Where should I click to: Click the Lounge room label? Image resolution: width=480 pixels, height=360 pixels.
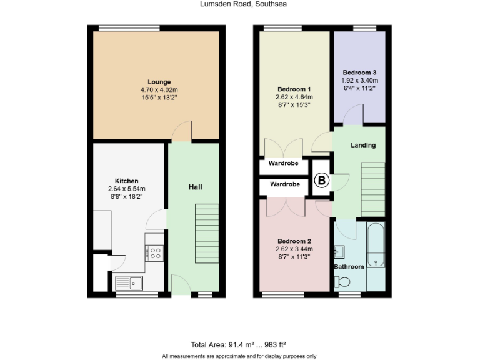159,82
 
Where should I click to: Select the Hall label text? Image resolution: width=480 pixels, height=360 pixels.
196,187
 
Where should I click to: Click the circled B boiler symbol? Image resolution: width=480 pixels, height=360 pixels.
321,181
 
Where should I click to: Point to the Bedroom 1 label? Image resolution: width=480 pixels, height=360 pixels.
294,89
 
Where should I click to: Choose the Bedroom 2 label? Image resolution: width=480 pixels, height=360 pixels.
294,241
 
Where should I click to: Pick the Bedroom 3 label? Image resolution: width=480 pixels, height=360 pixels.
359,72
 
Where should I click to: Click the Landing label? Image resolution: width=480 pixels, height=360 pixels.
363,145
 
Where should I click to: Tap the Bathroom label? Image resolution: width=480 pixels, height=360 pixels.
348,267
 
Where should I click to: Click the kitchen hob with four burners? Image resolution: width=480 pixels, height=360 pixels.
154,253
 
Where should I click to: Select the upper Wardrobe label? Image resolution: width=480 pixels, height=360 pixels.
284,163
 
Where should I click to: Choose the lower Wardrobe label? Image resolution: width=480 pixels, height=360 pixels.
285,185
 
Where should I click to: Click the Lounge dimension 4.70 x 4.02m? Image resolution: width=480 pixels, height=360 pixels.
159,89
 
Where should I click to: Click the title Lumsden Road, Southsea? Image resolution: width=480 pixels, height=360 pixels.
240,4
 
